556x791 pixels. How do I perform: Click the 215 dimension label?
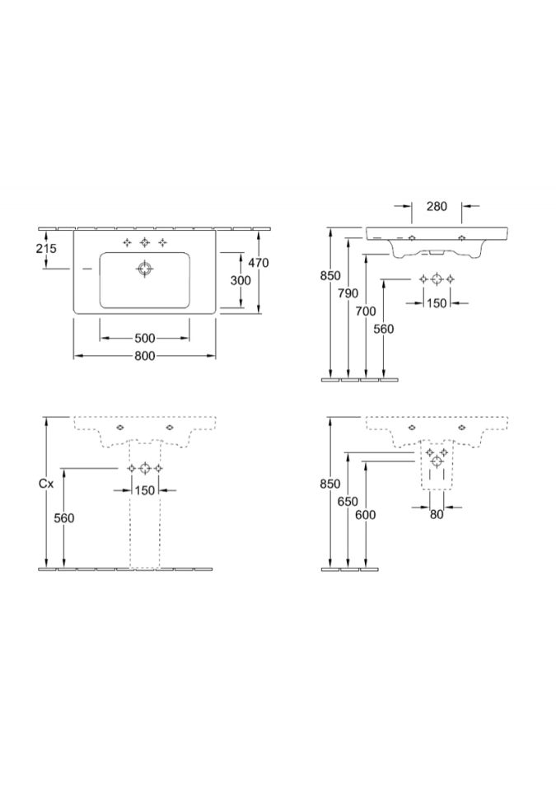tap(46, 248)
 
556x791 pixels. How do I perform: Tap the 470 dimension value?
tap(259, 262)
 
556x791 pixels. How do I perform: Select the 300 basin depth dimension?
tap(241, 280)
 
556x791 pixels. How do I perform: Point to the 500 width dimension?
tap(145, 338)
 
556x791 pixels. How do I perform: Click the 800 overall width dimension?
tap(145, 356)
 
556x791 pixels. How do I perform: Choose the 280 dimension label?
tap(437, 206)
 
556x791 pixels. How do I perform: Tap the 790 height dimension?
tap(348, 293)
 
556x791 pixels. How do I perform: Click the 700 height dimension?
tap(366, 311)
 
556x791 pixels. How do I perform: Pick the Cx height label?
tap(46, 484)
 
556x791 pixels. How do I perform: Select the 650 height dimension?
tap(348, 502)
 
